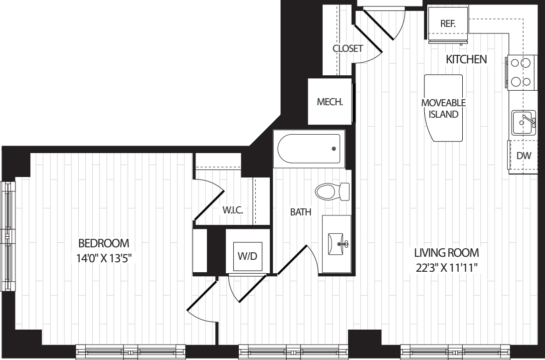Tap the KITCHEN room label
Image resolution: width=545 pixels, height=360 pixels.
click(x=466, y=60)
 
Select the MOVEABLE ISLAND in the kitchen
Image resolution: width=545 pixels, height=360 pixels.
click(x=443, y=108)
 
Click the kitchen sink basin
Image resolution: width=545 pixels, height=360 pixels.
click(x=523, y=122)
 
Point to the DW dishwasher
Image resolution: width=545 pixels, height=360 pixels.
click(x=523, y=156)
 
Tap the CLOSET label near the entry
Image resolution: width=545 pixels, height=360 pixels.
click(x=348, y=48)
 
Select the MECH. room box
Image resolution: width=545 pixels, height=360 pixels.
click(x=330, y=102)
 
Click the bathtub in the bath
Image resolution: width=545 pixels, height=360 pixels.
click(x=309, y=149)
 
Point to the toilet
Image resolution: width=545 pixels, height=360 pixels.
click(x=332, y=191)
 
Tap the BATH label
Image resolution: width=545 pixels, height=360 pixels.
click(x=301, y=212)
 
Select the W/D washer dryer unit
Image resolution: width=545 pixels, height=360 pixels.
click(x=247, y=256)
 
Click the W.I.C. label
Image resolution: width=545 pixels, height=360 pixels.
click(x=232, y=210)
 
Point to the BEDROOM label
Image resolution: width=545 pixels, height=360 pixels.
click(x=104, y=243)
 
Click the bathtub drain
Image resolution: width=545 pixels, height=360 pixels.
click(x=334, y=149)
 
